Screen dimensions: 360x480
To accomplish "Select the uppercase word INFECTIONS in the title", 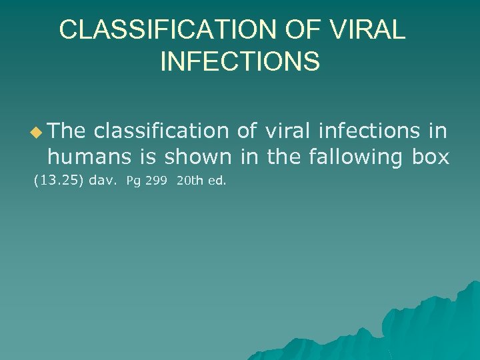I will pyautogui.click(x=240, y=61).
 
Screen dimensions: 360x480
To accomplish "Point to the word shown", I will pyautogui.click(x=198, y=157).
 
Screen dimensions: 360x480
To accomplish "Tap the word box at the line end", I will pyautogui.click(x=431, y=157).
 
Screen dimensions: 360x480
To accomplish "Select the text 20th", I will pyautogui.click(x=190, y=180).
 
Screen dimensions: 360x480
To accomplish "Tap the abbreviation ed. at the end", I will pyautogui.click(x=218, y=180).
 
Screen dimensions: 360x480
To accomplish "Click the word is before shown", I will pyautogui.click(x=149, y=157).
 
